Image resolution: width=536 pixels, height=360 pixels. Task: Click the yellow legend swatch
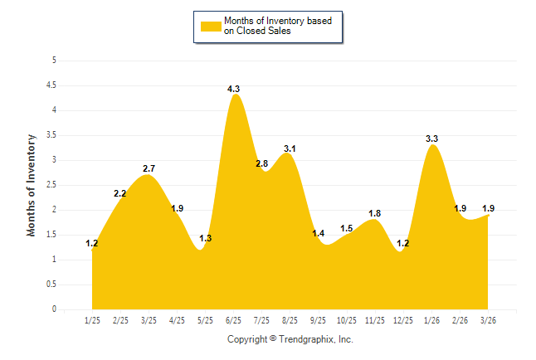(210, 26)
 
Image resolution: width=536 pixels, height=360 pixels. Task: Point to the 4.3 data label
(234, 89)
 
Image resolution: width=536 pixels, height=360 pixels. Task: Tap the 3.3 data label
(432, 139)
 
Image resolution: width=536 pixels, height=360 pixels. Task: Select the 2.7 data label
(149, 168)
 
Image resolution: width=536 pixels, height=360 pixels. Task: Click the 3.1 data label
(290, 148)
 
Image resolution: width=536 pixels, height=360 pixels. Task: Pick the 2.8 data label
(261, 163)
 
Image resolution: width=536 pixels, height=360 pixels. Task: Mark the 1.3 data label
(206, 238)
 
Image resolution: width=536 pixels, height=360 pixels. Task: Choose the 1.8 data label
(375, 213)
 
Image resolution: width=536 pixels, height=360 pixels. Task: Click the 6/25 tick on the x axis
(233, 320)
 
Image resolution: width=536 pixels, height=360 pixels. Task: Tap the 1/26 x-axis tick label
(431, 320)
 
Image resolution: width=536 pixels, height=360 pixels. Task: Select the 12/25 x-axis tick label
(403, 320)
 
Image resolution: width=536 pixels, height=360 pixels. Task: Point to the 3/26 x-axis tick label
(489, 320)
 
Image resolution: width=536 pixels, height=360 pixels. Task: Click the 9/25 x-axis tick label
(318, 320)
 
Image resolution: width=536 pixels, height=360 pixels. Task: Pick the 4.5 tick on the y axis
(51, 85)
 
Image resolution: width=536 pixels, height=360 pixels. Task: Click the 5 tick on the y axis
(54, 61)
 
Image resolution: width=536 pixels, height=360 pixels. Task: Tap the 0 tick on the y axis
(54, 309)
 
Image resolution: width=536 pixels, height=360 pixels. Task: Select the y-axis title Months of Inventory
(32, 185)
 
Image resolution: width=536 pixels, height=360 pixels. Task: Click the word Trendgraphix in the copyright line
(305, 339)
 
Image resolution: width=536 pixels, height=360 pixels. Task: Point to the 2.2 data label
(120, 193)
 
